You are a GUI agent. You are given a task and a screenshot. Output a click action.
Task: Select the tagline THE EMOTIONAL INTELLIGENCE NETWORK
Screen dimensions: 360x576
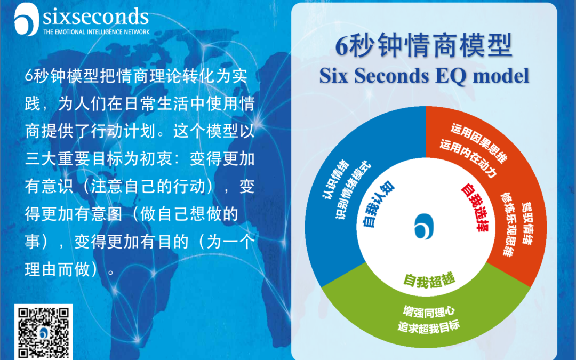coord(96,31)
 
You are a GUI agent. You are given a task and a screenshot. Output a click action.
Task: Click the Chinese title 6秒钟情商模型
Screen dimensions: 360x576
coord(424,46)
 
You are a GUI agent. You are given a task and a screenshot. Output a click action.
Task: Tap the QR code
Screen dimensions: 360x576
coord(44,332)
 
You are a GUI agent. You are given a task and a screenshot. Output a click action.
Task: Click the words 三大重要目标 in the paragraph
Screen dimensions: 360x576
coord(70,158)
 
